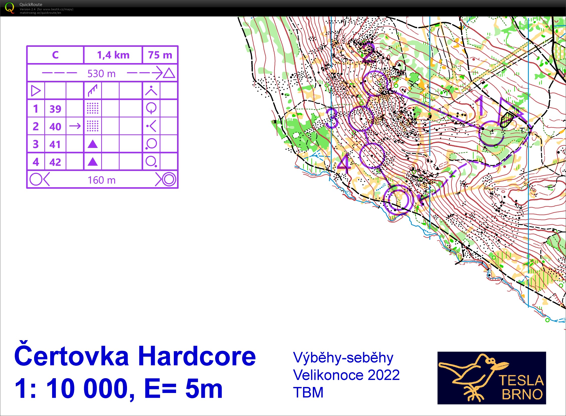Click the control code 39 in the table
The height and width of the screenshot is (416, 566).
(x=55, y=109)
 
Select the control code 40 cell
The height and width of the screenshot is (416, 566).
(x=55, y=126)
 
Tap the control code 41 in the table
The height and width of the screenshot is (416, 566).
(x=55, y=144)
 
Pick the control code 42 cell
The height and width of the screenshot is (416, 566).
(x=55, y=162)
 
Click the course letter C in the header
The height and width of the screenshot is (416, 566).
(x=55, y=55)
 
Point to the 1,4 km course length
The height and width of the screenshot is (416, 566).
(x=113, y=55)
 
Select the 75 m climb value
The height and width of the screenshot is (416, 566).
(x=160, y=55)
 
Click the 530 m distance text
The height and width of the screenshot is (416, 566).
(x=101, y=74)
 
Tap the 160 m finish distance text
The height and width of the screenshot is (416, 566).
(x=101, y=180)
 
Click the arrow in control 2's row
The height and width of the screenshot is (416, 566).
(x=75, y=126)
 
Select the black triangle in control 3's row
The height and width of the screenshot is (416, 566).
(x=93, y=144)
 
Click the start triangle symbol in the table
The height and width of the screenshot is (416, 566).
(x=36, y=91)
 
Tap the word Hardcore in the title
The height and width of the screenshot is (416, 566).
(x=197, y=356)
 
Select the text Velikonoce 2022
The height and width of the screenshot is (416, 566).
(x=346, y=375)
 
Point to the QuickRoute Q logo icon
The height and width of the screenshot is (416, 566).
(x=10, y=8)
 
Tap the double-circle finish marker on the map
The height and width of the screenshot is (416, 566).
(x=398, y=199)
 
